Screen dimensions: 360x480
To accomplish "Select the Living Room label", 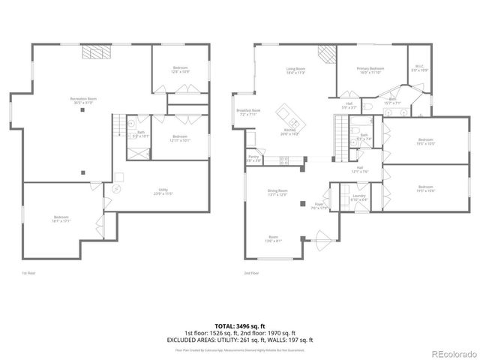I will pos(295,72).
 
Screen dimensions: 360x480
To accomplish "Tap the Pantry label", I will pos(253,158).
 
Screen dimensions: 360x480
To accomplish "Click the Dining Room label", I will pos(278,193).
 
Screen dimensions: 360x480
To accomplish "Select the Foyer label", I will pos(319,205).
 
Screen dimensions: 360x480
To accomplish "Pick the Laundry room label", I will pos(359,198).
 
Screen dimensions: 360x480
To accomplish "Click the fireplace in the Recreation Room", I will pos(94,52).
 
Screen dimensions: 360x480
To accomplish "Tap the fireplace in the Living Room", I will pos(325,55).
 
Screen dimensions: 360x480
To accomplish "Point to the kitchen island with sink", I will pos(289,119).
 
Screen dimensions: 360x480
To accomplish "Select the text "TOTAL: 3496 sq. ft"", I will pos(240,325).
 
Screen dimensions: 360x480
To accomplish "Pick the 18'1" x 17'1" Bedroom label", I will pos(61,220).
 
